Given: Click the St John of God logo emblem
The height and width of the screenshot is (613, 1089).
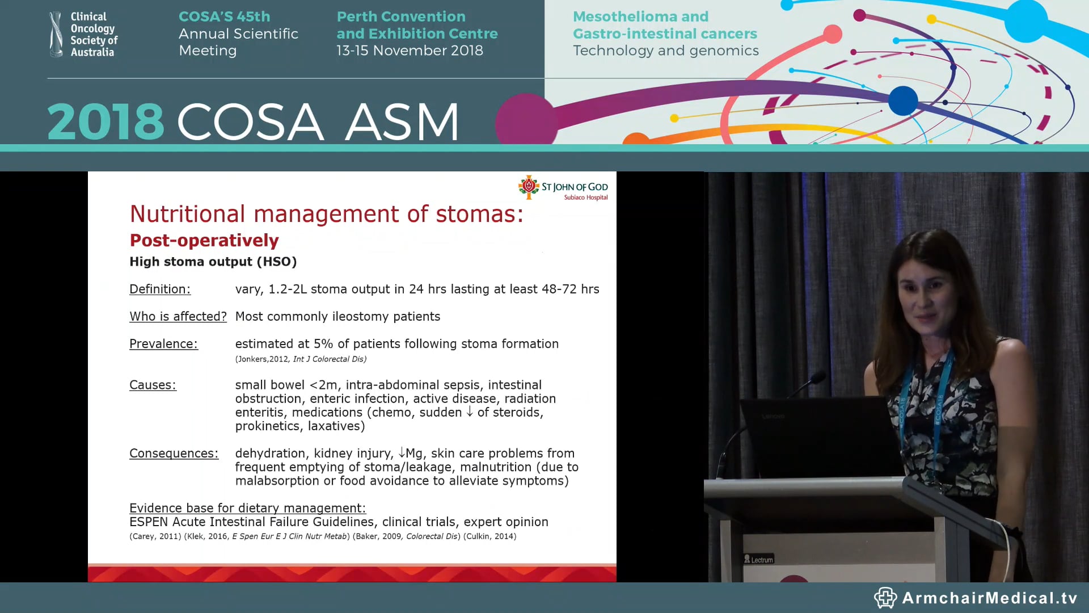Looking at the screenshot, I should tap(529, 187).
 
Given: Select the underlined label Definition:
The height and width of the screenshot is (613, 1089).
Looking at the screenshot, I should tap(160, 289).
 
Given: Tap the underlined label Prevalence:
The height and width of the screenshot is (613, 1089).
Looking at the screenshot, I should tap(163, 343).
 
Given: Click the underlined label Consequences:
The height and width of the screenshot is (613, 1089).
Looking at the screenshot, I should tap(174, 453).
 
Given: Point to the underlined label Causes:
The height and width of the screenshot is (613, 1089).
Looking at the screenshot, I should tap(153, 385).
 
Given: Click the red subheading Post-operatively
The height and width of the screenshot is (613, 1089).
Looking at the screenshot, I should tap(204, 240).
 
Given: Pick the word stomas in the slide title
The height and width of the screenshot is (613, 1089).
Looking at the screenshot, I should tap(479, 214).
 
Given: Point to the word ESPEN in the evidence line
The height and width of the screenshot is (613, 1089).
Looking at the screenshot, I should tap(149, 522).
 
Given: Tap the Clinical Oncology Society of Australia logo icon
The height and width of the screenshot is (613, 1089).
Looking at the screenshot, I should tap(56, 34).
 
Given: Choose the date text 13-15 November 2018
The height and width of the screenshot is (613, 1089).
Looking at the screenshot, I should tap(410, 51).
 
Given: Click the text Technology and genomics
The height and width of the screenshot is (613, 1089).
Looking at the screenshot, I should tap(665, 51).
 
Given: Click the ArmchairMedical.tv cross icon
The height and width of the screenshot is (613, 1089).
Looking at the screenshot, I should tap(885, 598).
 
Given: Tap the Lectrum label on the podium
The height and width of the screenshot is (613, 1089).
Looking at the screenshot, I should tap(759, 560).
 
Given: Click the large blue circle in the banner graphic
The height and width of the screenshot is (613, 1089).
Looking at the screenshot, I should tap(903, 100).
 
